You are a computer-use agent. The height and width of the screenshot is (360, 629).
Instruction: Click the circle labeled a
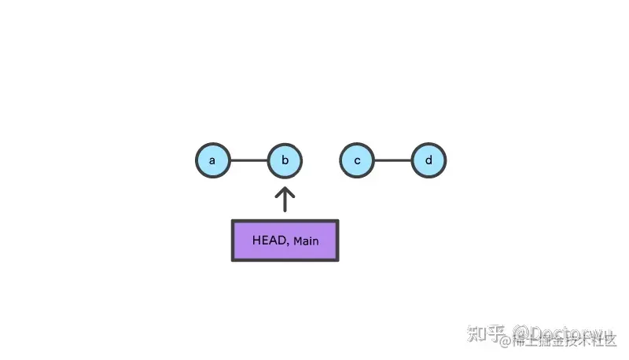(x=212, y=161)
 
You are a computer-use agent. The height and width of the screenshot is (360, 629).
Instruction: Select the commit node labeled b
(x=285, y=161)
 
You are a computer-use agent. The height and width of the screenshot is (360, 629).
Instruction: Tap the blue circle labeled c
(x=357, y=161)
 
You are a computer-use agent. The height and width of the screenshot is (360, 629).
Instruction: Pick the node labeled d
(x=429, y=161)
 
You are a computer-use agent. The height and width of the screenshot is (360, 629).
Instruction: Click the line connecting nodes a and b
(x=248, y=161)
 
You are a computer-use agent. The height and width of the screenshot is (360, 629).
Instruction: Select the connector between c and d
(x=393, y=161)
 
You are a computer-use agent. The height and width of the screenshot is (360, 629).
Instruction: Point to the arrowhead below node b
(x=285, y=190)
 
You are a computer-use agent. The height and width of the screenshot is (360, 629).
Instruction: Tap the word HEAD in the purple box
(x=269, y=240)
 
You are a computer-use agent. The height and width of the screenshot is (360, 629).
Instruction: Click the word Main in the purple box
(x=305, y=241)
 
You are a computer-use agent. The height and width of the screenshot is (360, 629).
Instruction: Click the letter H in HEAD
(x=256, y=240)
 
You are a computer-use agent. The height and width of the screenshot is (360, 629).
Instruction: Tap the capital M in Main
(x=296, y=241)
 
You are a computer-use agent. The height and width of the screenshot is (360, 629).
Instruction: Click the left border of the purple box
(x=233, y=240)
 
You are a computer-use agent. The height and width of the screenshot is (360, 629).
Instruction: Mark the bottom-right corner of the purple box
(x=337, y=259)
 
